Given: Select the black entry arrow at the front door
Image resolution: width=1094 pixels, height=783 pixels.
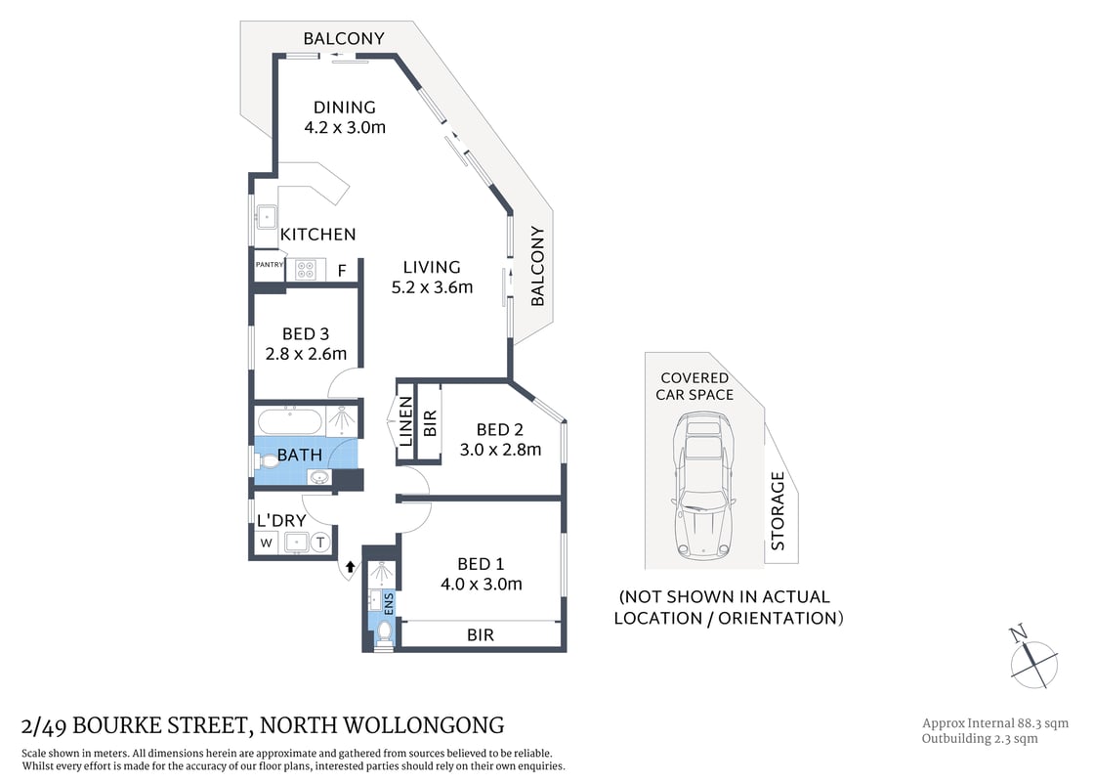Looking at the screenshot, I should point(350,567).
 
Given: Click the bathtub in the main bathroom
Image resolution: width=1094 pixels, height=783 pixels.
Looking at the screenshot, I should point(288,422).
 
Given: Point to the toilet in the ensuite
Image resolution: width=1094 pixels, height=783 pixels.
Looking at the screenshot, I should point(384,635).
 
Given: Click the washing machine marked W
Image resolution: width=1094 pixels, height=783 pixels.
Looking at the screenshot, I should point(265,544).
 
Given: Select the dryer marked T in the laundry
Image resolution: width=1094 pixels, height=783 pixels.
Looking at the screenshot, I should point(320,544).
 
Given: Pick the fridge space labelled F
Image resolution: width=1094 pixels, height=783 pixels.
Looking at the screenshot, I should point(342,271).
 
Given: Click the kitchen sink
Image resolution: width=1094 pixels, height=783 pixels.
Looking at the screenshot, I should point(266,215).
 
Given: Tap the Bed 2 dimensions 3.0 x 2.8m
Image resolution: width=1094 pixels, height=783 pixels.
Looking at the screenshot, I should point(500,450).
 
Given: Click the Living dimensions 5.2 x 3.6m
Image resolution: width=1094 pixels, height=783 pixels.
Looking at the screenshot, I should point(432,287).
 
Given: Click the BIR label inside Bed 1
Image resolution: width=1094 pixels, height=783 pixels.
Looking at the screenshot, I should point(480,634).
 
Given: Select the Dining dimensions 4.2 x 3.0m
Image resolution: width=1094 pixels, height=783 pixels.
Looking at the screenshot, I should point(344,127).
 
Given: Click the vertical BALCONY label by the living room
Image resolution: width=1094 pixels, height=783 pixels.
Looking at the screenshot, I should point(537,267).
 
